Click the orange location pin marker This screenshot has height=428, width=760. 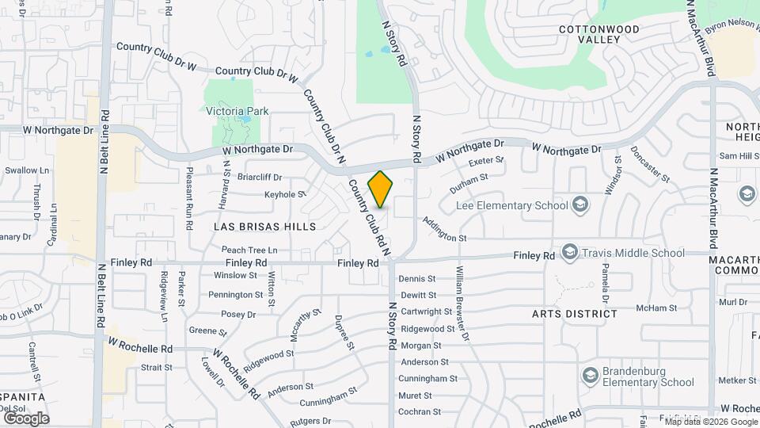point(381,189)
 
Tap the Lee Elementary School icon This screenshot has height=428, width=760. point(581,206)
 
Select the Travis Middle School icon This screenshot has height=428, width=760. point(569,254)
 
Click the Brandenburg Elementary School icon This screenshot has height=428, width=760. point(590,374)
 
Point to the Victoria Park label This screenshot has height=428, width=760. point(237,112)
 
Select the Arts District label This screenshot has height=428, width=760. point(575,314)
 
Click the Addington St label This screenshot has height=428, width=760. point(446,230)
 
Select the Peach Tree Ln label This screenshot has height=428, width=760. point(249,250)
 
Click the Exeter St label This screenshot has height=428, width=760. point(487,162)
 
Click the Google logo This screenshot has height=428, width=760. point(26,418)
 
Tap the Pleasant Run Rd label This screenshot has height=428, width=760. point(190,198)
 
